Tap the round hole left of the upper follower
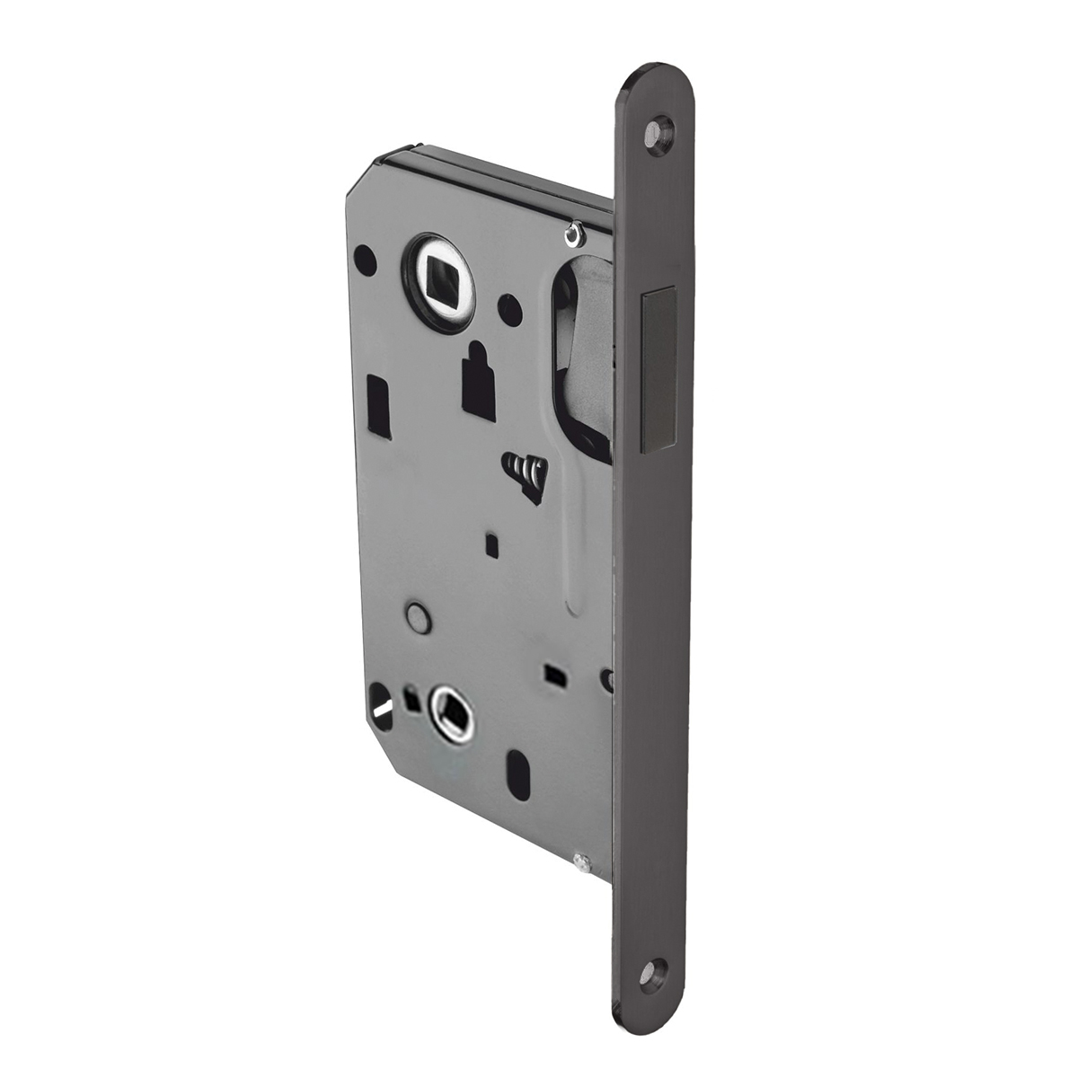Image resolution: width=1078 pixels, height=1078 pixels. [366, 256]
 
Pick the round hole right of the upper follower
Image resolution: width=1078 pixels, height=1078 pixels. [510, 309]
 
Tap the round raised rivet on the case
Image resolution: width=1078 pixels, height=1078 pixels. [418, 617]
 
